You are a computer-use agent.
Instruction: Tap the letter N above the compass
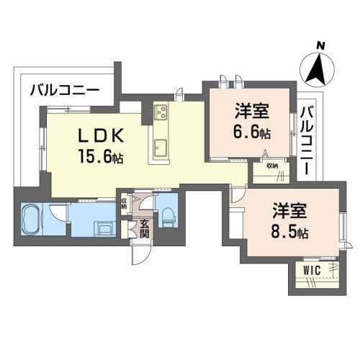click(321, 45)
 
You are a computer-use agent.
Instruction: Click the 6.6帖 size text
click(252, 132)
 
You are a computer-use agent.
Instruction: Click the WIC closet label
click(312, 269)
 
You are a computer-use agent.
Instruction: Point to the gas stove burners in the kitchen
click(160, 112)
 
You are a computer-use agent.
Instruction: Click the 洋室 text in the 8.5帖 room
click(289, 212)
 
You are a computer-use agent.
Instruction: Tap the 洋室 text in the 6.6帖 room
click(251, 112)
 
